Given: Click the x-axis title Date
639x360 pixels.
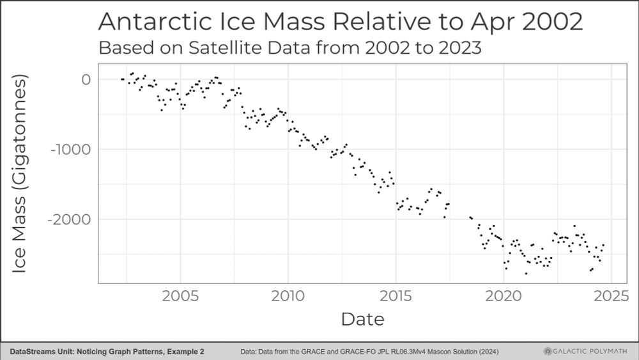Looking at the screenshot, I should [x=362, y=318].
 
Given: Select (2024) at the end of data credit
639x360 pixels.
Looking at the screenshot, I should [x=487, y=352].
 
